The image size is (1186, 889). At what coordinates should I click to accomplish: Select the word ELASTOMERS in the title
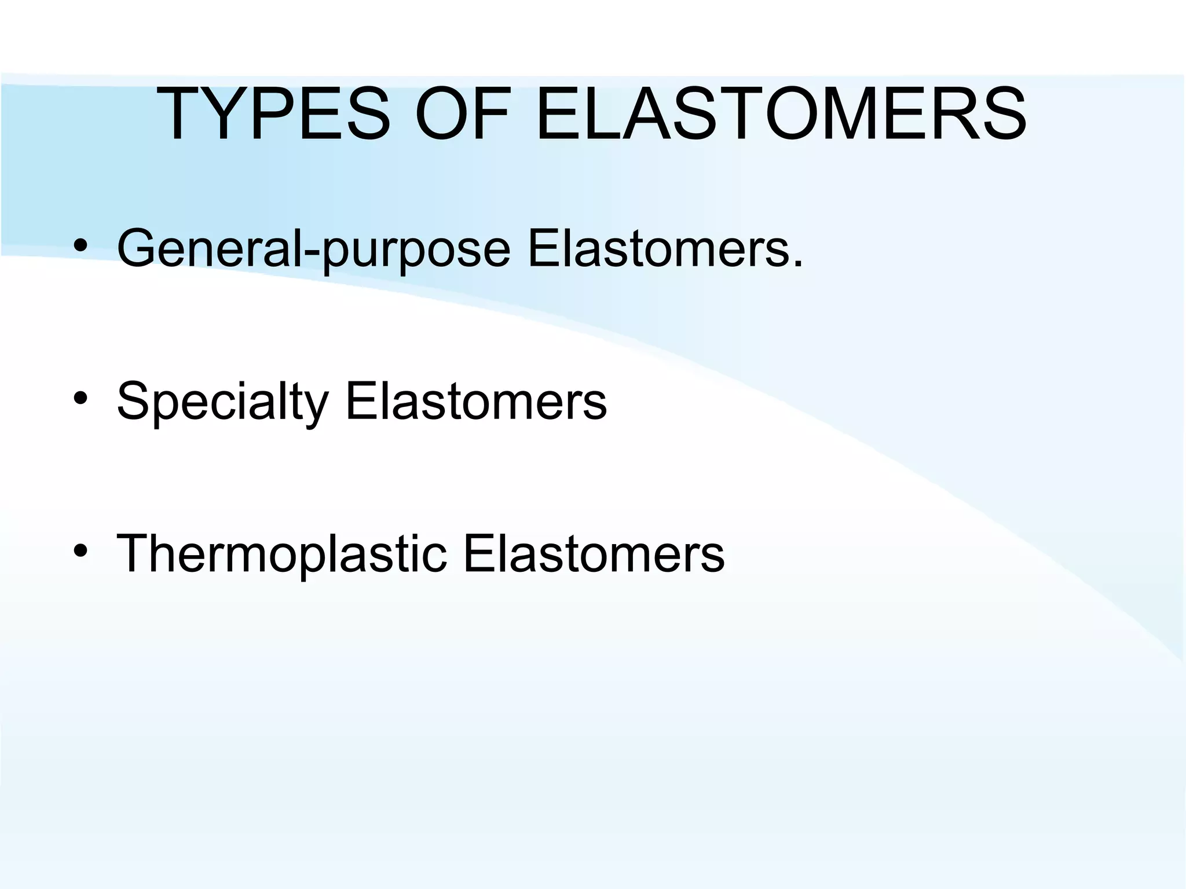tap(781, 114)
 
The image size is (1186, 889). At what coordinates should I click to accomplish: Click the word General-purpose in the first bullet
tap(313, 249)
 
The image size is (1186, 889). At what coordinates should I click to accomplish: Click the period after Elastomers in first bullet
tap(797, 265)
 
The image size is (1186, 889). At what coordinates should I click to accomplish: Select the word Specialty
tap(222, 401)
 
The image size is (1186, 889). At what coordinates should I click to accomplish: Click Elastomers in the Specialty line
tap(476, 401)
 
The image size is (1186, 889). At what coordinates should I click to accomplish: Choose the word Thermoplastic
tap(282, 554)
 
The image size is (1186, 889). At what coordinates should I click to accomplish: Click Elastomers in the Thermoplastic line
tap(593, 554)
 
